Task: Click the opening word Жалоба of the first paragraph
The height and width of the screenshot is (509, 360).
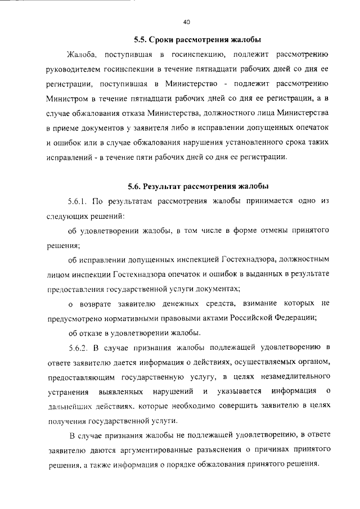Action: (83, 55)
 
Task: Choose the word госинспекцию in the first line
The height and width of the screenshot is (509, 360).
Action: (199, 55)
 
